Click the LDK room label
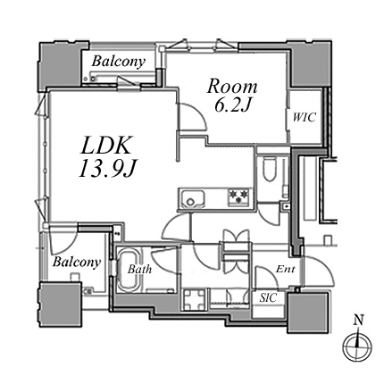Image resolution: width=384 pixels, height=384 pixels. tap(105, 146)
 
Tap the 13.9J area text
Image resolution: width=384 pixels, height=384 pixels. tap(107, 169)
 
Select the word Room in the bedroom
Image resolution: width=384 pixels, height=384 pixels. tap(232, 87)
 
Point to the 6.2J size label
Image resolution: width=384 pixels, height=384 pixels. tap(232, 105)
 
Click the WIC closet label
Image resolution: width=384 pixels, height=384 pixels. tap(304, 118)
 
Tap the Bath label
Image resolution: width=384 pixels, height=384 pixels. tap(139, 270)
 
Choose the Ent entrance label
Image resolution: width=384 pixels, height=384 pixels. tap(285, 270)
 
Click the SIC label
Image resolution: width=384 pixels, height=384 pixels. tap(268, 298)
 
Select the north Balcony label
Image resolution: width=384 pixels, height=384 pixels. tap(119, 62)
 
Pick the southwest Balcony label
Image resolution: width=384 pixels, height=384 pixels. tap(77, 263)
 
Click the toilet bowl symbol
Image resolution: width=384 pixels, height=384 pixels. tap(270, 169)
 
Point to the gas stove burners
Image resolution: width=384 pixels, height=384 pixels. tap(238, 196)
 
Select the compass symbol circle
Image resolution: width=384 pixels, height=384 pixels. tap(357, 347)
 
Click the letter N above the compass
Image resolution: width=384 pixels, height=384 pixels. tap(359, 321)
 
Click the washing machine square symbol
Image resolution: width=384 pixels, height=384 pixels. tap(195, 300)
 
